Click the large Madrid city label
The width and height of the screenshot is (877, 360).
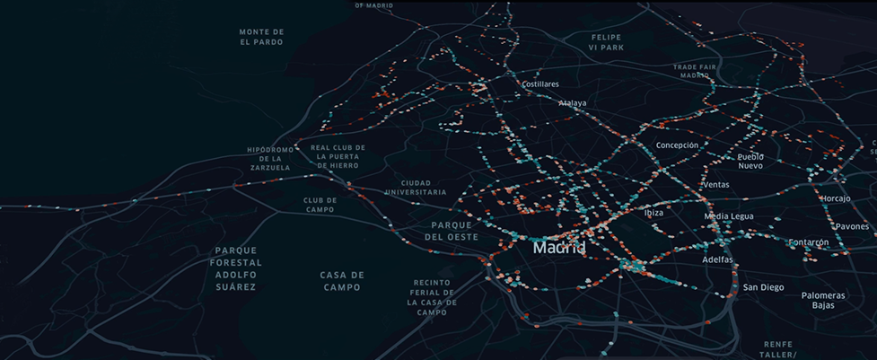point(558,247)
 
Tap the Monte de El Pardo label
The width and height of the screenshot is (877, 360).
point(261,37)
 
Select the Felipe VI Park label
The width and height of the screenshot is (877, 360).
point(606,42)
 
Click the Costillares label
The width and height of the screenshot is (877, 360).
point(540,84)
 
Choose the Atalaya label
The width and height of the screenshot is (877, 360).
point(572,103)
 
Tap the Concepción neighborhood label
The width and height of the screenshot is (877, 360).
point(677,145)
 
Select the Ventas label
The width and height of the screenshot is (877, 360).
point(715,185)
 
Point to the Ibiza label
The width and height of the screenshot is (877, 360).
point(653,214)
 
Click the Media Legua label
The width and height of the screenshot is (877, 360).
point(728,216)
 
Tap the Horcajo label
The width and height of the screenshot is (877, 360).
point(835,198)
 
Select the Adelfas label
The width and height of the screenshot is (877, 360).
point(717,259)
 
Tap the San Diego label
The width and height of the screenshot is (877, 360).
point(763,287)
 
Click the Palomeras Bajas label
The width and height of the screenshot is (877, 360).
point(823,300)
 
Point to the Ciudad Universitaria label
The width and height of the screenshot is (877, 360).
point(415,187)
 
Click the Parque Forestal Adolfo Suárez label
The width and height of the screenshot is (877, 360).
point(236,268)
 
